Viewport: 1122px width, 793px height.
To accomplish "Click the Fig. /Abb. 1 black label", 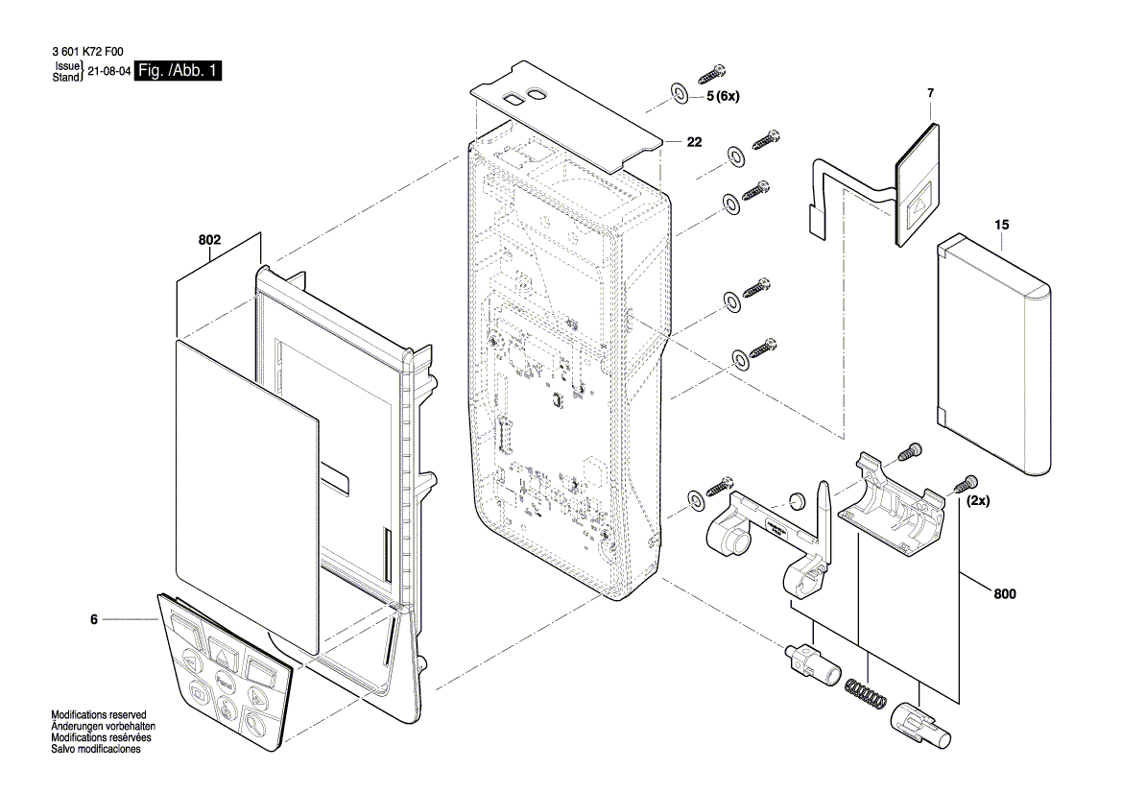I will [179, 71].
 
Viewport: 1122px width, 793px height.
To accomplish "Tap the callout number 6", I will [94, 621].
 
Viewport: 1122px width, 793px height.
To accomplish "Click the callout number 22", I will [694, 142].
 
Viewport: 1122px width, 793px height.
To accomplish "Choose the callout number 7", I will [930, 93].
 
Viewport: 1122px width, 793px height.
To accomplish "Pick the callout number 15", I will [1002, 225].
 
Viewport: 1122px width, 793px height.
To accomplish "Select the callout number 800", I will [1004, 594].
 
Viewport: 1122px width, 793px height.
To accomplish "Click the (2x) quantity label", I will [979, 501].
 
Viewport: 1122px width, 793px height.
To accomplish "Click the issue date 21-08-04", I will [107, 72].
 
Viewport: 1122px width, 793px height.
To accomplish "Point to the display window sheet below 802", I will [245, 490].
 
